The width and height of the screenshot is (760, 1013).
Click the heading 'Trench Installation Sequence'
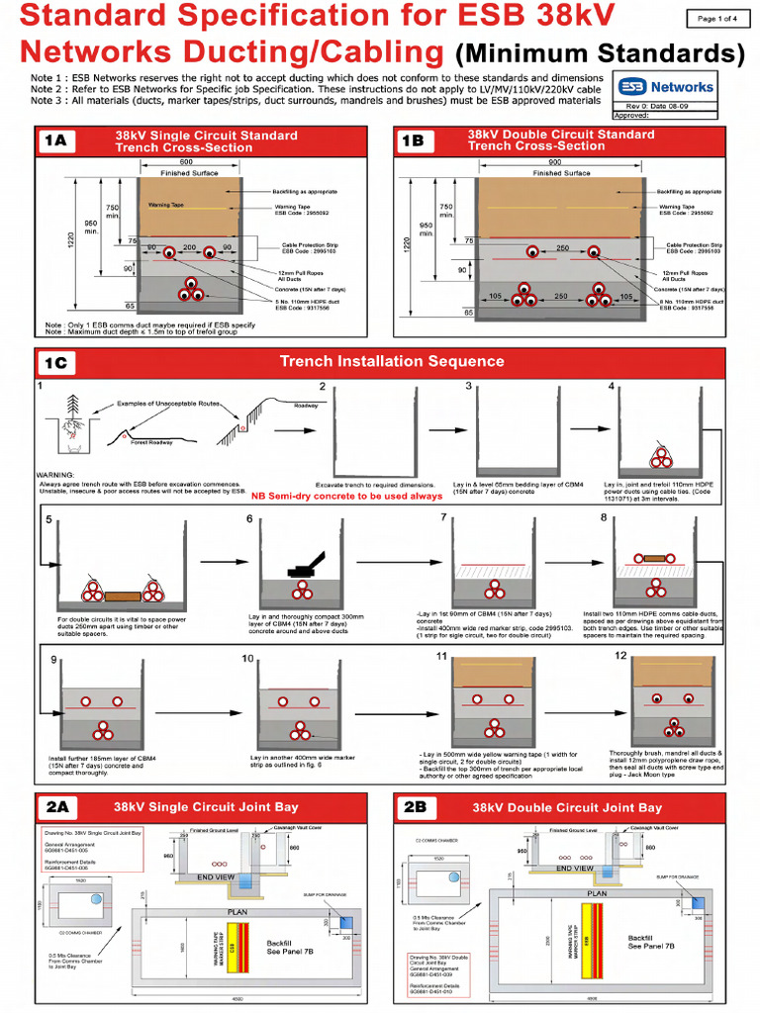coord(392,362)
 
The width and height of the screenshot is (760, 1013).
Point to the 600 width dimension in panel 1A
coord(186,163)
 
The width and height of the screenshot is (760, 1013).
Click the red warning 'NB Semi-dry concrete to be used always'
coord(346,497)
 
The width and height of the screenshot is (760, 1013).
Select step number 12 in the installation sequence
coord(620,655)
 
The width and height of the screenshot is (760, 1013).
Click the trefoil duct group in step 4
coord(660,457)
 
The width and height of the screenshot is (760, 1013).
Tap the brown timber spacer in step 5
coord(121,596)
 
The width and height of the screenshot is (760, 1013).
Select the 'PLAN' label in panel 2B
coord(597,892)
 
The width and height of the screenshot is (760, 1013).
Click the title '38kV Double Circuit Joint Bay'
coord(567,807)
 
